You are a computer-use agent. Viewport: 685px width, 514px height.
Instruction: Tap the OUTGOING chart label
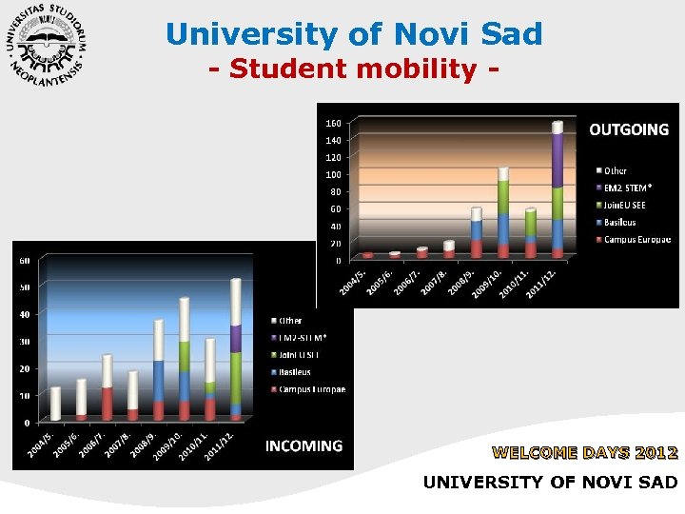click(x=629, y=129)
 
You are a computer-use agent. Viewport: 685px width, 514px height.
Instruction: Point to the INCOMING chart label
click(x=303, y=445)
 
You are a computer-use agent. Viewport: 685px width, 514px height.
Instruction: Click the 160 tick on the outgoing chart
click(x=334, y=123)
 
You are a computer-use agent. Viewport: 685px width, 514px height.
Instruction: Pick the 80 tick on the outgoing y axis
click(x=335, y=191)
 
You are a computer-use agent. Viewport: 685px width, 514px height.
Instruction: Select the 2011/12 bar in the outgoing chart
click(x=558, y=189)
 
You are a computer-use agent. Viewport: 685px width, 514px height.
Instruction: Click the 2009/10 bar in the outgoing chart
click(x=503, y=214)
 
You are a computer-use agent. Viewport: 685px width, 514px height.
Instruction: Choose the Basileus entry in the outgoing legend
click(x=619, y=223)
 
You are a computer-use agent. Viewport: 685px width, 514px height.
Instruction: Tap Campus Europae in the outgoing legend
click(x=636, y=240)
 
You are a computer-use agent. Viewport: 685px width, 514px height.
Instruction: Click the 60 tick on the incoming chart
click(x=26, y=260)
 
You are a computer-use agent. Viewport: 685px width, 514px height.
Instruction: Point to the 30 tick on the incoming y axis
click(x=26, y=341)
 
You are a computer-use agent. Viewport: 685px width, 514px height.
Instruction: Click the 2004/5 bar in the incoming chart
click(x=56, y=404)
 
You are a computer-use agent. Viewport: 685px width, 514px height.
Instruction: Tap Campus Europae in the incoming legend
click(x=311, y=389)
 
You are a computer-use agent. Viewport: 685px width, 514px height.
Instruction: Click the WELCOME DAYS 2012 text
click(x=584, y=452)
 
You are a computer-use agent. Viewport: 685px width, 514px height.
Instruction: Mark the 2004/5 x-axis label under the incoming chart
click(x=41, y=443)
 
